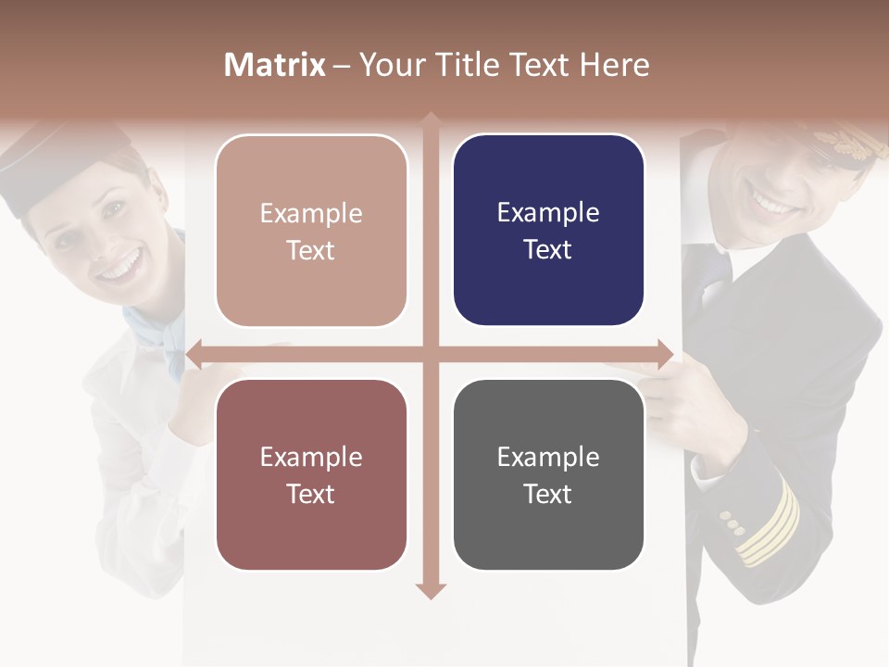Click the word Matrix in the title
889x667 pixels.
pyautogui.click(x=275, y=65)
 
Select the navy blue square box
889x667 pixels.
pyautogui.click(x=548, y=230)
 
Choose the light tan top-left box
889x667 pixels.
pyautogui.click(x=311, y=231)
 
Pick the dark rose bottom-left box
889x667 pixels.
pyautogui.click(x=311, y=474)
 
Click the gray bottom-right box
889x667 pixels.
pyautogui.click(x=548, y=474)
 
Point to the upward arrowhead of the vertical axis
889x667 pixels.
pyautogui.click(x=431, y=121)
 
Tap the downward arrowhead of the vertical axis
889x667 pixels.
pyautogui.click(x=431, y=590)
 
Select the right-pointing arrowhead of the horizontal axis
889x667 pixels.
pyautogui.click(x=665, y=354)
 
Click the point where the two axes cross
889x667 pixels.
pyautogui.click(x=431, y=354)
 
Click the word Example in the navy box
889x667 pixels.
pyautogui.click(x=548, y=212)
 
